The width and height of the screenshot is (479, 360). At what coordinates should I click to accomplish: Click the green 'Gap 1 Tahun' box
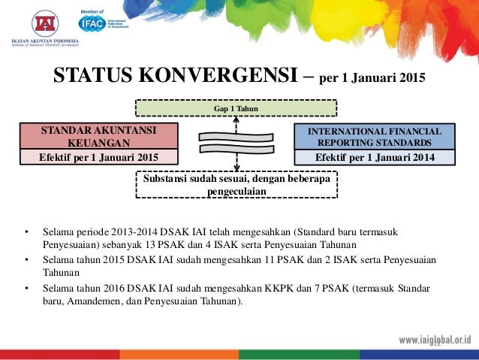tap(236, 109)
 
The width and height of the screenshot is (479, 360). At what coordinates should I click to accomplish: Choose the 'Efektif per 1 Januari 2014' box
tap(375, 157)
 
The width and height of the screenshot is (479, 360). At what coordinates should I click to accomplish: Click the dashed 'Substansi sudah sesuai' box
tap(236, 184)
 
